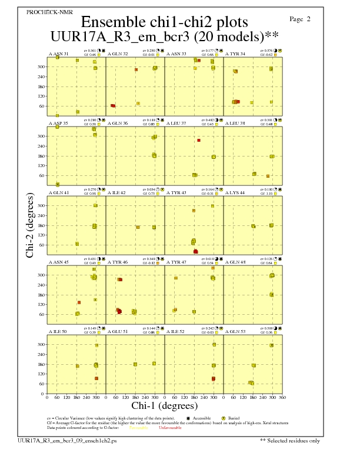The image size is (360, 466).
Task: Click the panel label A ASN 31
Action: (x=58, y=54)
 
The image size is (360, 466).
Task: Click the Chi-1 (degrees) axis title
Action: (x=164, y=405)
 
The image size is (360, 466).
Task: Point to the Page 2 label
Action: (x=300, y=19)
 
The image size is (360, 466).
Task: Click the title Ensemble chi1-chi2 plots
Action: (x=164, y=22)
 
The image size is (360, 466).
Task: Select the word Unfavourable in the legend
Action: (x=170, y=428)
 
